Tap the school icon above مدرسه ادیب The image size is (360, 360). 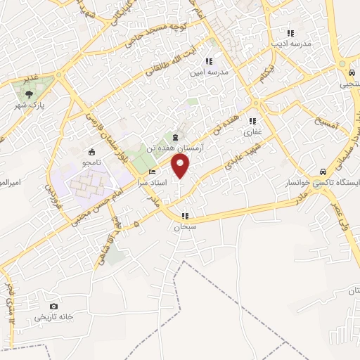coord(289,33)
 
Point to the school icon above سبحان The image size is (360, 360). coord(185,217)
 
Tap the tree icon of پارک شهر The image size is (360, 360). coord(28,94)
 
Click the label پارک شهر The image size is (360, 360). coord(30,105)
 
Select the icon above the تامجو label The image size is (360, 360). coord(91,151)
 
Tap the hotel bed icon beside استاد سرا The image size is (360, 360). coord(153,172)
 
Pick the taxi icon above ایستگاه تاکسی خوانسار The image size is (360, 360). coord(322,171)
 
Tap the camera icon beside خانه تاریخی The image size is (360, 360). coord(54,306)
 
